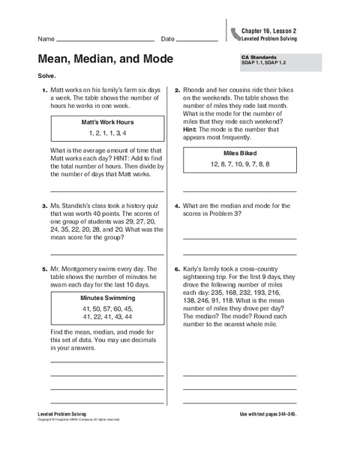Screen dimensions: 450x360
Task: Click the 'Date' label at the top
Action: (167, 39)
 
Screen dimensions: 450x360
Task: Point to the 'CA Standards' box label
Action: (257, 55)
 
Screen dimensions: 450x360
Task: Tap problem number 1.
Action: (44, 91)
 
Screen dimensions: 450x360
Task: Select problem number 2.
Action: (177, 91)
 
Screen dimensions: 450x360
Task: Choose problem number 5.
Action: (44, 268)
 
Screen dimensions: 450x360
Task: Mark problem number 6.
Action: (177, 268)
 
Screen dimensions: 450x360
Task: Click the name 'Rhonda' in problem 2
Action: (197, 91)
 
